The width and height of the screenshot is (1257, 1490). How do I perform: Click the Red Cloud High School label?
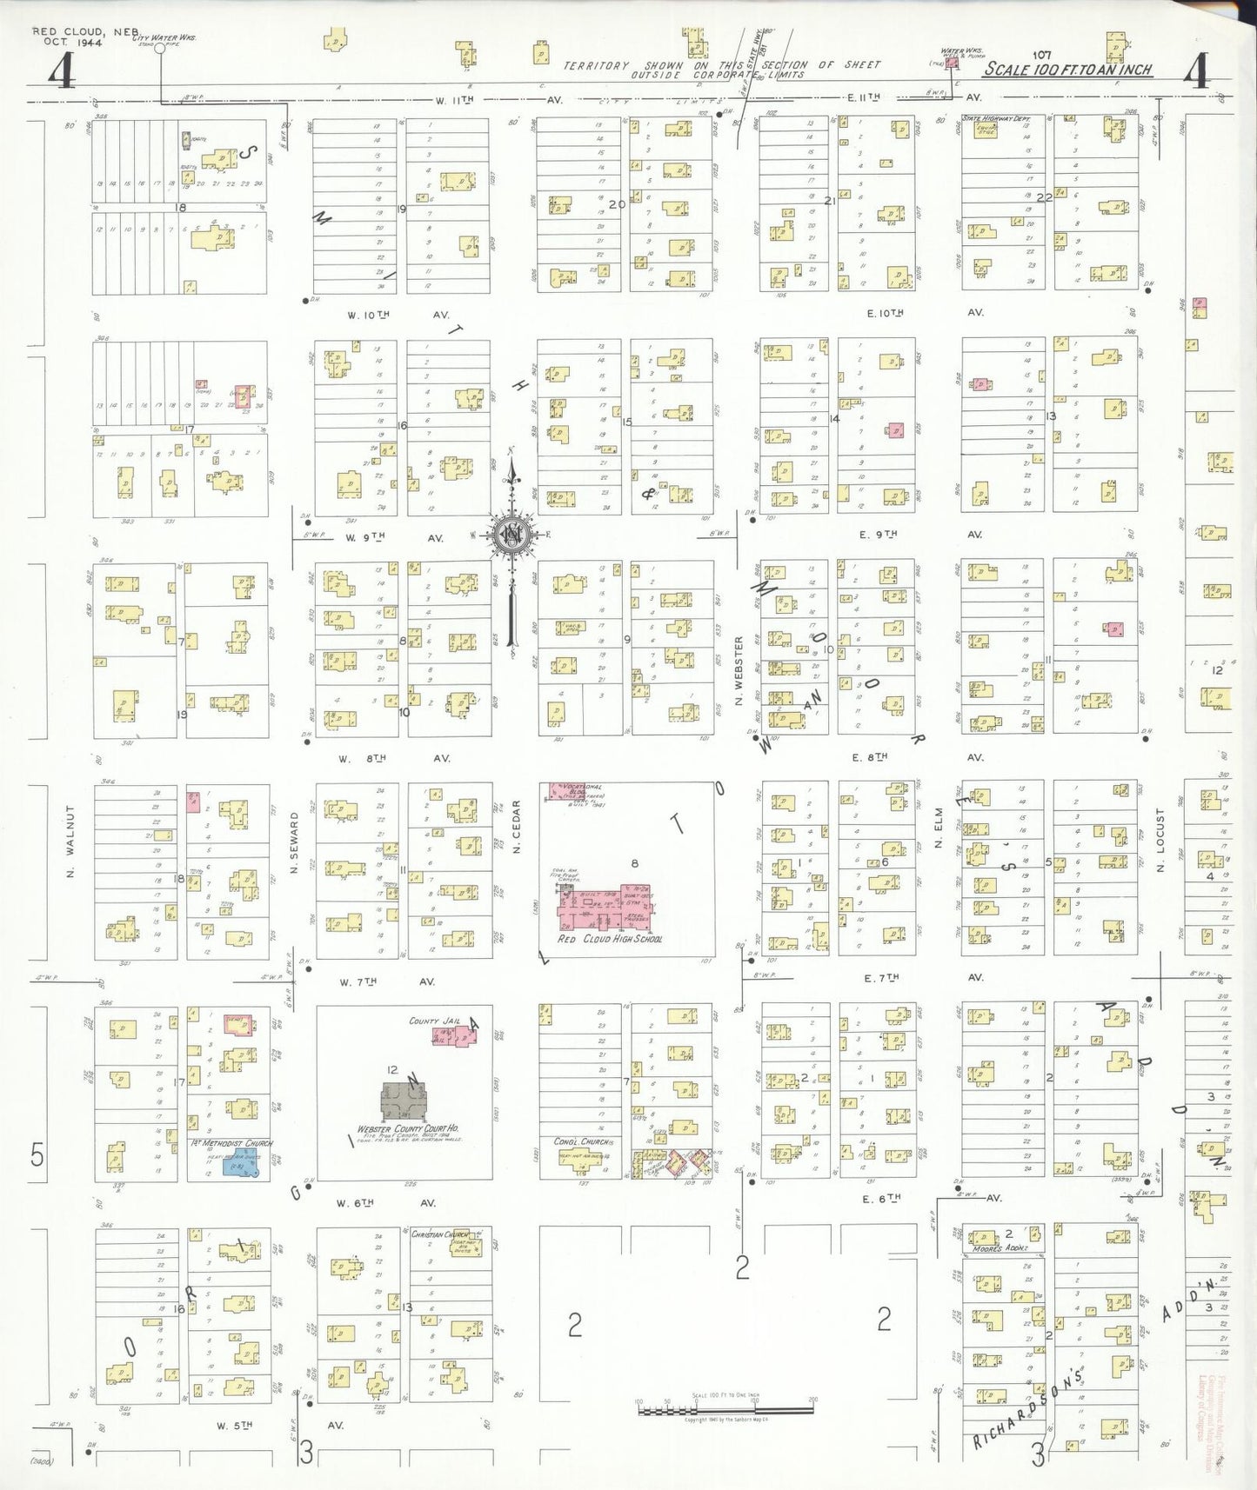(x=610, y=939)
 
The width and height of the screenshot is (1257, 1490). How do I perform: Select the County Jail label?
(x=434, y=1021)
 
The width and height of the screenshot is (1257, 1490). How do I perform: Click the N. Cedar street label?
(x=516, y=827)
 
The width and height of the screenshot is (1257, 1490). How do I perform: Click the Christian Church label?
(x=439, y=1234)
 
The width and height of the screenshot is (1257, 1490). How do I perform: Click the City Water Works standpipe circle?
(x=159, y=49)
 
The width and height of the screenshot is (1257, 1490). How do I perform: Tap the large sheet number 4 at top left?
(x=61, y=71)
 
